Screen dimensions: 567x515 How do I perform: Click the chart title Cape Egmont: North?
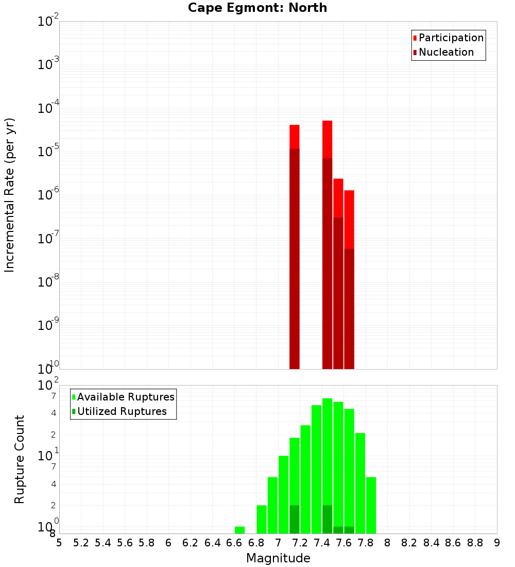[257, 8]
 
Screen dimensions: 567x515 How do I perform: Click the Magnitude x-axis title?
[278, 558]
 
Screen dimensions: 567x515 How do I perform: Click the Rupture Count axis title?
[20, 459]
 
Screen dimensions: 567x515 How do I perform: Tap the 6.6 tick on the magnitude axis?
[234, 543]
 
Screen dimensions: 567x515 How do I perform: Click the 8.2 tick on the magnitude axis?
[409, 543]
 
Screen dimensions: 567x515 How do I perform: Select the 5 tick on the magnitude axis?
[59, 543]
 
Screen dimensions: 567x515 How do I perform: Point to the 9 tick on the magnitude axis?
[497, 543]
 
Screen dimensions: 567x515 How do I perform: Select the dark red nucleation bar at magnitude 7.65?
[349, 309]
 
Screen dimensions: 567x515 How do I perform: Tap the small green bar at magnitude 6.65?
[239, 530]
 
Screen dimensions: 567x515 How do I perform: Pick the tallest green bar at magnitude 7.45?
[327, 448]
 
